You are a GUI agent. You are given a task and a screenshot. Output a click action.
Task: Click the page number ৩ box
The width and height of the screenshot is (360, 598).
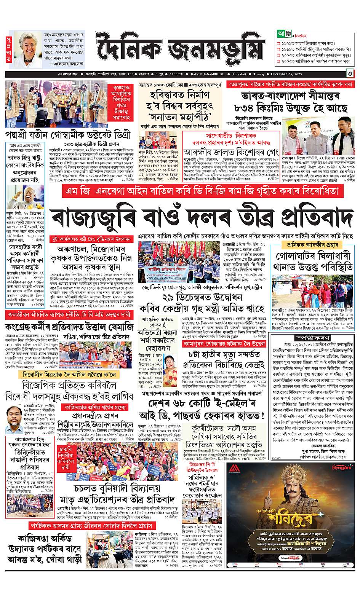coord(349,73)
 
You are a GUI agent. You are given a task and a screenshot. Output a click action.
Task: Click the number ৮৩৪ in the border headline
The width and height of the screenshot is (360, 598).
coord(246,108)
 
